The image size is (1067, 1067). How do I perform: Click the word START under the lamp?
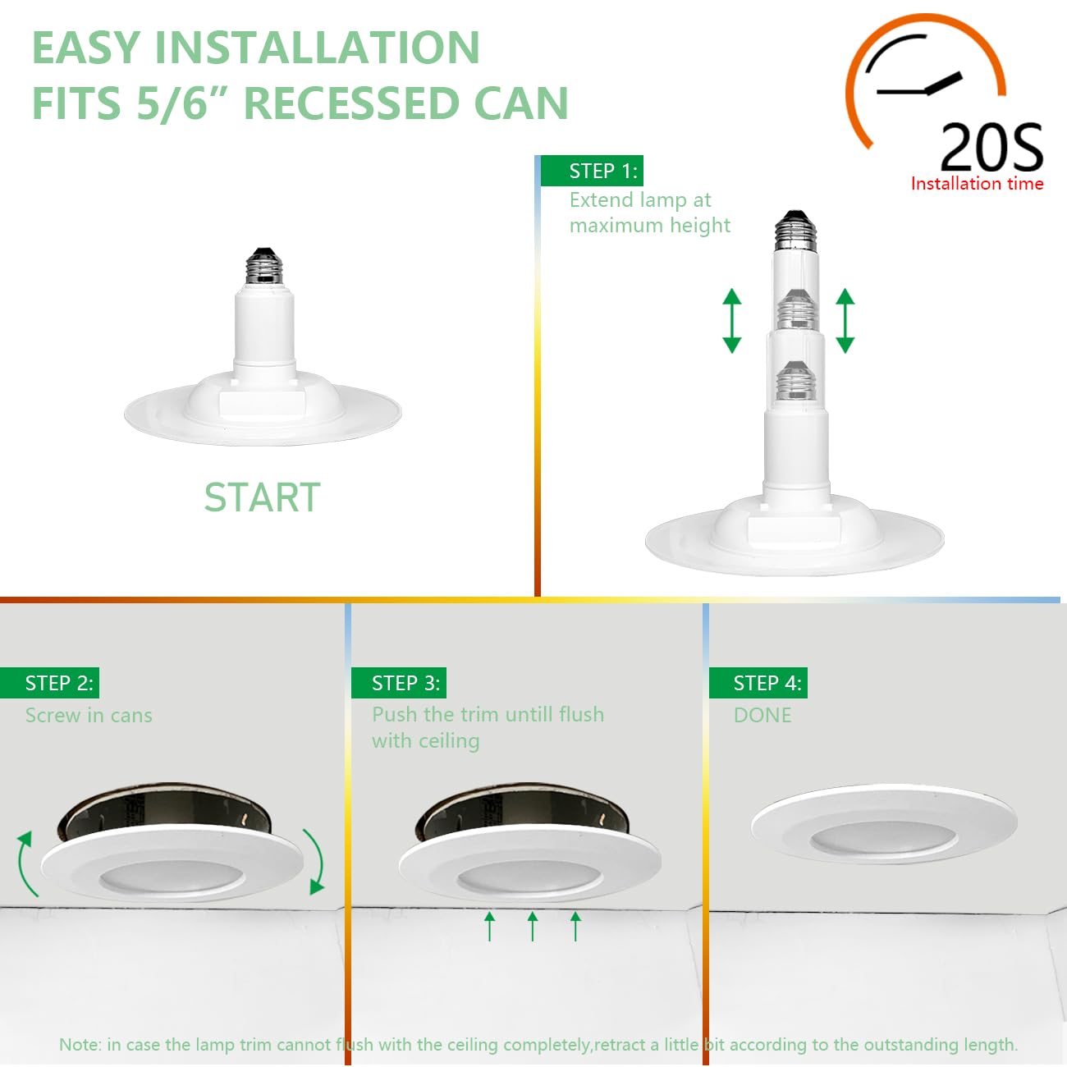(x=262, y=497)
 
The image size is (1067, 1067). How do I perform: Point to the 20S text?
(x=991, y=149)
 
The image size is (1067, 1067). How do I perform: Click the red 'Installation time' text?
(x=977, y=184)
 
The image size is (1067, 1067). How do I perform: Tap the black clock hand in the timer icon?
(x=942, y=83)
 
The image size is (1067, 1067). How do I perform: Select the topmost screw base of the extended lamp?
(x=795, y=231)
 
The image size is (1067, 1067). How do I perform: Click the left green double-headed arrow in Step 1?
(x=732, y=321)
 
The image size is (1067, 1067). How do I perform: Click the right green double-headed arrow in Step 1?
(x=845, y=321)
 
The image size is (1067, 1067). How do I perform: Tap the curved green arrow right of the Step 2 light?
(x=315, y=860)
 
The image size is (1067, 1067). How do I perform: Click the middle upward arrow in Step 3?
(x=533, y=926)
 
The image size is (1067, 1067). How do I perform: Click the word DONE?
(x=762, y=715)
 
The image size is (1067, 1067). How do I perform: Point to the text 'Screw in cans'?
(x=89, y=715)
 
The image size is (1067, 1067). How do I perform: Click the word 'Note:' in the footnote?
(x=80, y=1045)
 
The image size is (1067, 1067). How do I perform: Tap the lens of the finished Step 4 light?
(x=883, y=838)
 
